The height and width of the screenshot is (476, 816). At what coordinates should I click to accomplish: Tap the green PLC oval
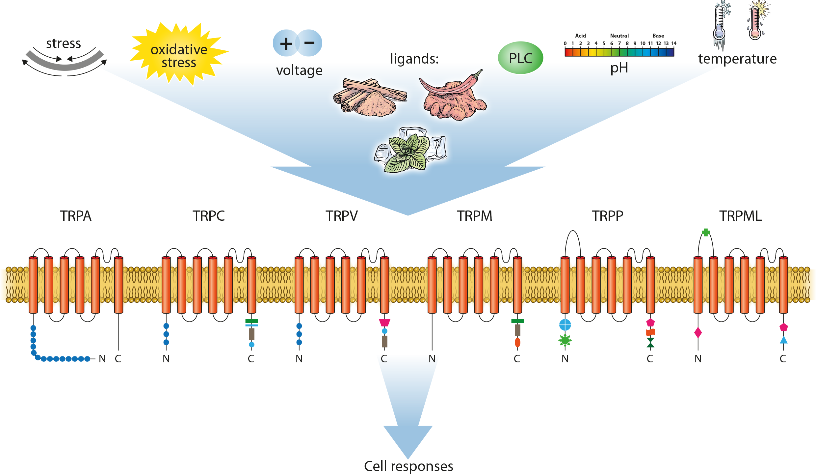[x=520, y=58]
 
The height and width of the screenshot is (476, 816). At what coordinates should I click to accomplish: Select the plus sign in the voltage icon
[x=286, y=43]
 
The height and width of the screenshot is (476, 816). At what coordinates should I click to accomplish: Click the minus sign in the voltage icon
[x=309, y=42]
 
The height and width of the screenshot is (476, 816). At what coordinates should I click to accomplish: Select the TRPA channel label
[x=76, y=216]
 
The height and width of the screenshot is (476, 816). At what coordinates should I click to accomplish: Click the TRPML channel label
[x=741, y=216]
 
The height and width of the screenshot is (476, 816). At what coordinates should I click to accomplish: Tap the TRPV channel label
[x=342, y=216]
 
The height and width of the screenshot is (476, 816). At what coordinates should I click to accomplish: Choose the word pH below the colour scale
[x=619, y=68]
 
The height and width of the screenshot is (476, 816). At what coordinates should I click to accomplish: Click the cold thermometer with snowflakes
[x=720, y=25]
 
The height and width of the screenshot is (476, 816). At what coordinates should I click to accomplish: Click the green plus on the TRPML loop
[x=706, y=233]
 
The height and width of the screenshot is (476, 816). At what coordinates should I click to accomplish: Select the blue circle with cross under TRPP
[x=565, y=325]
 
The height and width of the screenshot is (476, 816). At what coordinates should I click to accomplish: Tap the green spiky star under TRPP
[x=565, y=340]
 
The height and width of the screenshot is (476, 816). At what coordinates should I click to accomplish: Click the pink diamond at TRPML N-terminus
[x=698, y=332]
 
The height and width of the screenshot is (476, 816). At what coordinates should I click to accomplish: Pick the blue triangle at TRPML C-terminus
[x=783, y=340]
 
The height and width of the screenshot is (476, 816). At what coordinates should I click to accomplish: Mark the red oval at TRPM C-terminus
[x=517, y=343]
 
